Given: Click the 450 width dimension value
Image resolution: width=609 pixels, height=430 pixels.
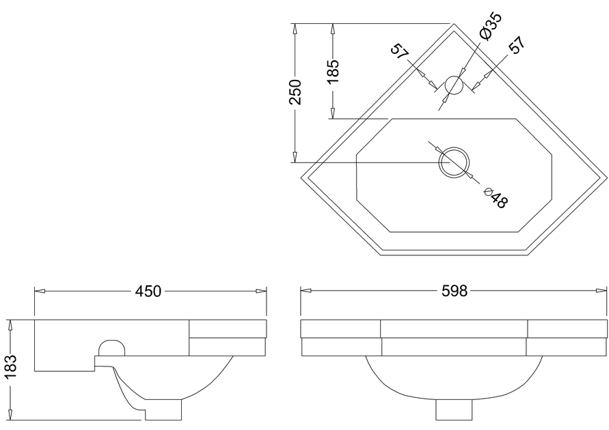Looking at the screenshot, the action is pos(148,291).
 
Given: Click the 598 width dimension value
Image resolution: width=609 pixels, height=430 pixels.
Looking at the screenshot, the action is pos(455,291).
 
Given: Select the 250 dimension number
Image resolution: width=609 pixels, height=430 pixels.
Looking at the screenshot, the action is pos(295,92).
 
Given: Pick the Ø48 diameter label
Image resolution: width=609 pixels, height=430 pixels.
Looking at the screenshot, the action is pos(496,198).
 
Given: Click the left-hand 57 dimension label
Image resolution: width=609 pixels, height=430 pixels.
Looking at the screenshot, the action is pos(400,52).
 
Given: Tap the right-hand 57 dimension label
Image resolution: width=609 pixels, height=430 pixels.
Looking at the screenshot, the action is pos(517,45).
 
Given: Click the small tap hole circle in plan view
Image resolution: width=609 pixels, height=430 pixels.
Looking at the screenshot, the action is pos(454,85).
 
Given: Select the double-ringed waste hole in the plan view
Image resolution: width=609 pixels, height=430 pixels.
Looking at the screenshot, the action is pos(454,163).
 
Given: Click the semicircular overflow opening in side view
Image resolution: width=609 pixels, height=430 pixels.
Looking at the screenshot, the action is pos(112,348).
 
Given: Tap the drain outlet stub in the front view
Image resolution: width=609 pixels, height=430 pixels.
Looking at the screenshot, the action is pos(454,410).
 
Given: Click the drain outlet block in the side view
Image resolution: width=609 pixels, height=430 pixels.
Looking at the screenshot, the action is pos(163,410).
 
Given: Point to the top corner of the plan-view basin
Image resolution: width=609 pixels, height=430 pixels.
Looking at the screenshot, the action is pos(454,24).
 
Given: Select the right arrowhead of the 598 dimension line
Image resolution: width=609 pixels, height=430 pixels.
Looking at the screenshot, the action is pos(601,291).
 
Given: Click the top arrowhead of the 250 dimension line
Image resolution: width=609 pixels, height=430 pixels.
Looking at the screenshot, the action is pos(295,29).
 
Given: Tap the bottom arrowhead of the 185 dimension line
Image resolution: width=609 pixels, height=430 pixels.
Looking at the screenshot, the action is pos(332,113).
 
